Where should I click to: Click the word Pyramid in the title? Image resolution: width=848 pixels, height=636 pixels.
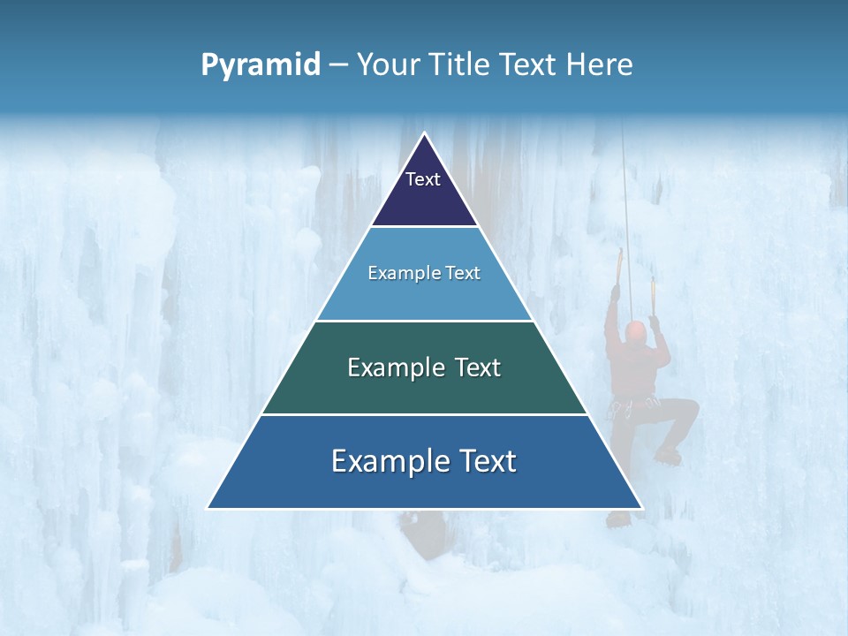click(260, 64)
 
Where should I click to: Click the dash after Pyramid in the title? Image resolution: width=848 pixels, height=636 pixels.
click(338, 65)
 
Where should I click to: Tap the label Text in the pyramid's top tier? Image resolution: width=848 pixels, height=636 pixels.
click(423, 179)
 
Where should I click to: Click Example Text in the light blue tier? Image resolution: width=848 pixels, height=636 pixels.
click(424, 273)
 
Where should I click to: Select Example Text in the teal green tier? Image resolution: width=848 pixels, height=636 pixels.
click(424, 367)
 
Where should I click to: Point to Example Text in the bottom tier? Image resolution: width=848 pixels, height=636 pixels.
click(424, 461)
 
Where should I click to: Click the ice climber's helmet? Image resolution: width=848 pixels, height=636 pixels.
click(635, 331)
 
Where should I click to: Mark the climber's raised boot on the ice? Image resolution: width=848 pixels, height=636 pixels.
click(669, 456)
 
